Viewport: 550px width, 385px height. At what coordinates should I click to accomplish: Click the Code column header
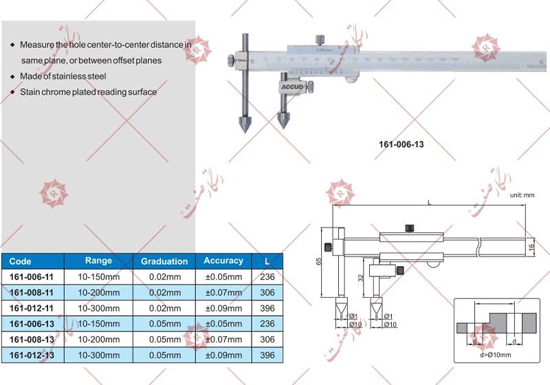pos(21,261)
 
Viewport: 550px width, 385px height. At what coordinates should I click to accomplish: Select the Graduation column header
pos(164,261)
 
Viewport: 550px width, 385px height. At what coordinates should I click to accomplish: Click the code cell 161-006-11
pos(32,277)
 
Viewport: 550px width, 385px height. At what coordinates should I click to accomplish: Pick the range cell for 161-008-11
pos(98,293)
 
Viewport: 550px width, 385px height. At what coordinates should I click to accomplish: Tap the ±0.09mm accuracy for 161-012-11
pos(223,309)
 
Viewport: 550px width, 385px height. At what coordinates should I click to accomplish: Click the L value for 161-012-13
pos(267,355)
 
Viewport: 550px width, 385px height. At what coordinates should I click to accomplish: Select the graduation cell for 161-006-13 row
pos(164,324)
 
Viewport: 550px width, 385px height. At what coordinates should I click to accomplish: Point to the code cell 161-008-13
pos(32,340)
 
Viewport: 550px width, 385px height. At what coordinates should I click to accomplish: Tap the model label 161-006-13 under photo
pos(401,145)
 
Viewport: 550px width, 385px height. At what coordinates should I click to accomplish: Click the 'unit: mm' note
pos(522,196)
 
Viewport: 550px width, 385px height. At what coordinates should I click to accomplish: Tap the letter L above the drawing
pos(429,202)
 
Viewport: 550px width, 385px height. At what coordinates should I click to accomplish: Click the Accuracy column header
pos(223,261)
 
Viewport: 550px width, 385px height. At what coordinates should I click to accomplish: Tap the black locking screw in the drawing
pos(410,228)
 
